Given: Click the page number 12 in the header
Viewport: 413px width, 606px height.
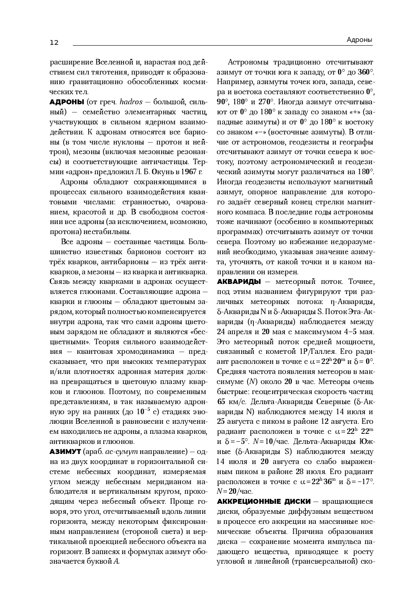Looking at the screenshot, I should pyautogui.click(x=54, y=42).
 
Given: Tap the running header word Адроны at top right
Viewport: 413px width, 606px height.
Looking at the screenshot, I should pyautogui.click(x=359, y=40).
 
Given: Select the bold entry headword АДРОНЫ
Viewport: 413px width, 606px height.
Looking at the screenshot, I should pyautogui.click(x=67, y=102).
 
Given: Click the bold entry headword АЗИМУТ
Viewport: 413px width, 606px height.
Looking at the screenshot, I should pyautogui.click(x=65, y=451).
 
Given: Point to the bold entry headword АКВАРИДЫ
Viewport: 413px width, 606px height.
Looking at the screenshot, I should pyautogui.click(x=239, y=281).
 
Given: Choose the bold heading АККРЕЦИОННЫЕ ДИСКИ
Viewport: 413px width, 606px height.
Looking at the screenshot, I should pyautogui.click(x=263, y=501).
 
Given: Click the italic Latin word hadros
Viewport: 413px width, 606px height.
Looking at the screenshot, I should pyautogui.click(x=131, y=102).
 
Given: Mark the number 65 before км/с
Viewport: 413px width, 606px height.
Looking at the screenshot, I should pyautogui.click(x=222, y=402).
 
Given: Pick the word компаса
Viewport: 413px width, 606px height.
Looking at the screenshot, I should pyautogui.click(x=250, y=212).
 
